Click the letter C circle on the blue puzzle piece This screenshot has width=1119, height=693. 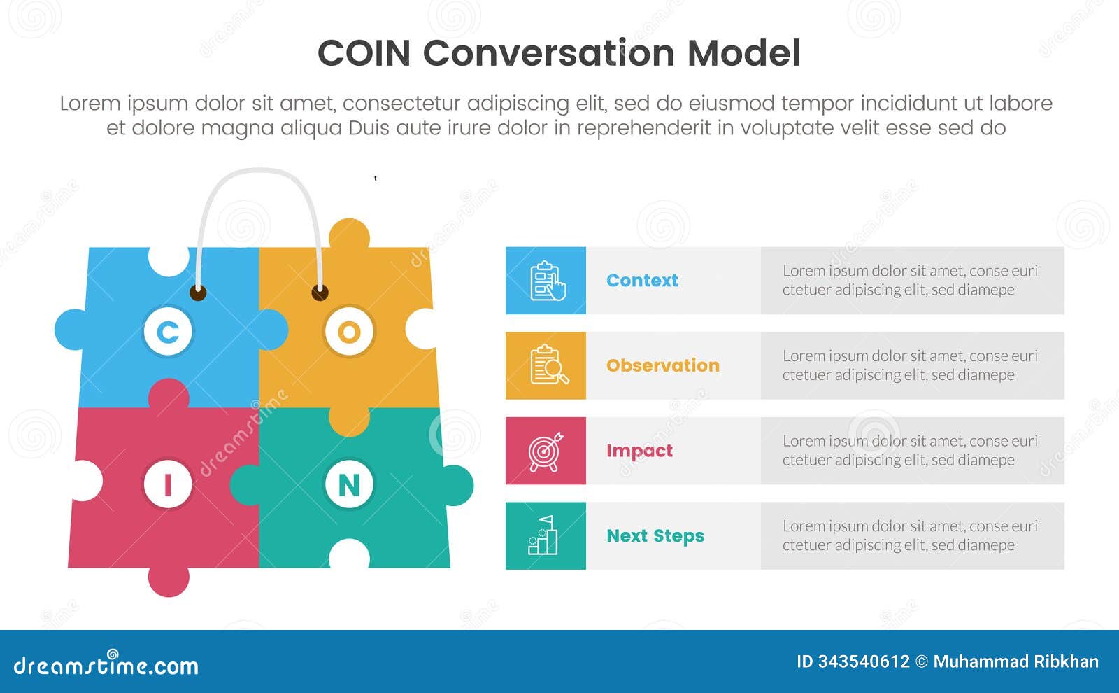pos(168,332)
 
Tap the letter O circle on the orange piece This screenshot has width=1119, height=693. pos(349,332)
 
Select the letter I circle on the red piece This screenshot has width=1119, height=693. pos(168,484)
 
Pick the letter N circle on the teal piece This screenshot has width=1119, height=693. pos(349,484)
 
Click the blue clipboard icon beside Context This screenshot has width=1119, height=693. pos(546,281)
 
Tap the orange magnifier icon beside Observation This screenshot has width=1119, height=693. pos(546,365)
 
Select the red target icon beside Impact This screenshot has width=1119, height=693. pos(546,451)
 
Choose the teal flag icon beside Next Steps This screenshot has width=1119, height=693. pos(546,535)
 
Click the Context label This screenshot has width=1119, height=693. pos(642,281)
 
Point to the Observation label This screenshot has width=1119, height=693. pos(662,365)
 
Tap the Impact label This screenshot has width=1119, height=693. pos(639,451)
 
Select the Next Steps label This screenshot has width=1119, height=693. pos(655,536)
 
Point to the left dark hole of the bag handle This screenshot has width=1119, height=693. pos(198,292)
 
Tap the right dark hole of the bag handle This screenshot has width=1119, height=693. pos(320,292)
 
